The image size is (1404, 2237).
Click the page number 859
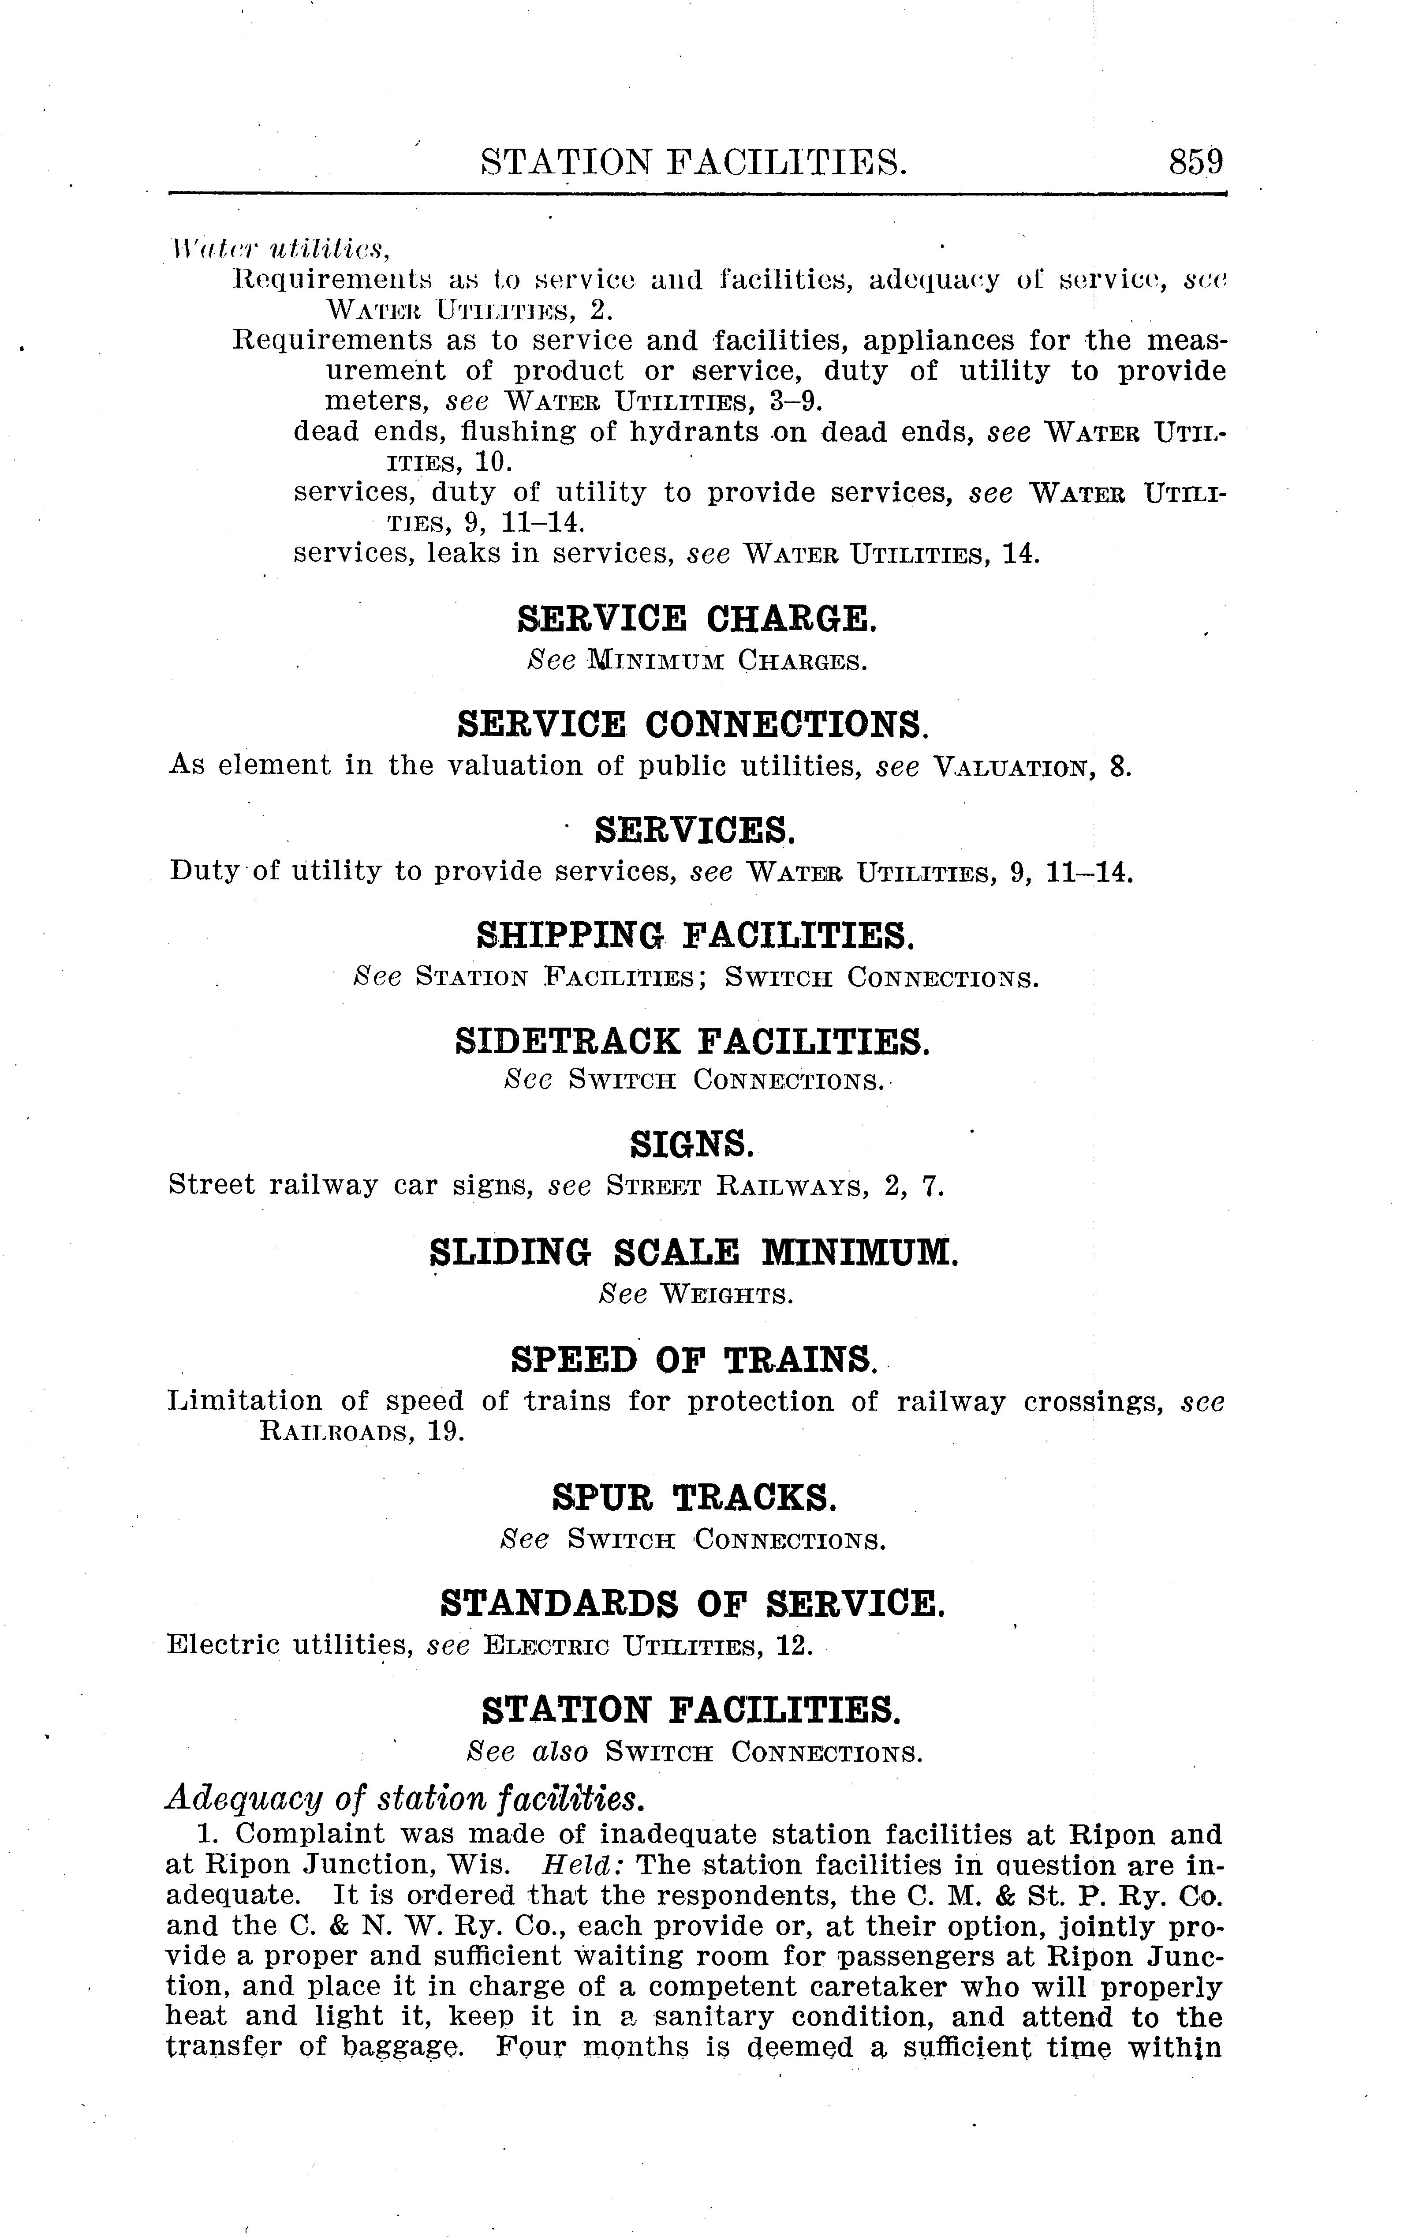pyautogui.click(x=1196, y=162)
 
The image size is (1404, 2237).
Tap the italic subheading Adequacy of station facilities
pyautogui.click(x=404, y=1799)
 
